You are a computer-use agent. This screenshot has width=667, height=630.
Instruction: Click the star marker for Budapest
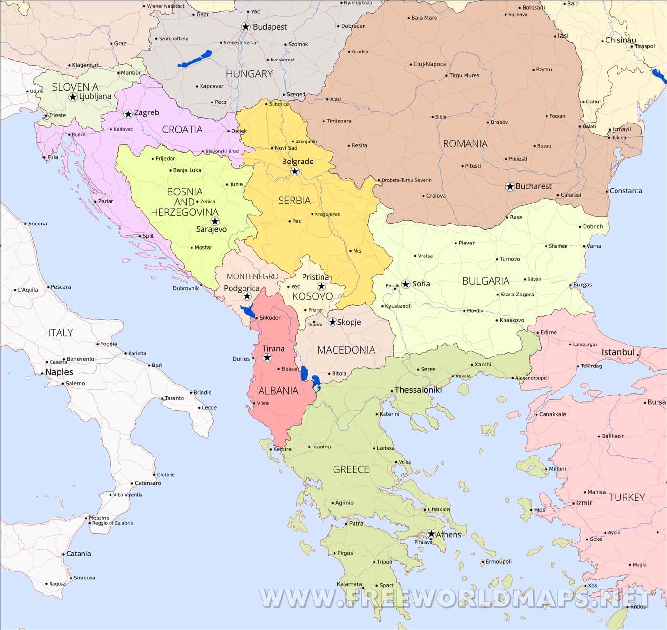tap(246, 27)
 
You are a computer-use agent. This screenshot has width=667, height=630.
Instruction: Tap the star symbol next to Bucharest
tap(510, 186)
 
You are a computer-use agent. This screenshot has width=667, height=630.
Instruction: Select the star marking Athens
tap(431, 534)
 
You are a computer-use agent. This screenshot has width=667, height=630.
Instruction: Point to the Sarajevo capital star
tap(215, 221)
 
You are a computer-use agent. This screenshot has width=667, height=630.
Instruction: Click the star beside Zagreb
tap(128, 114)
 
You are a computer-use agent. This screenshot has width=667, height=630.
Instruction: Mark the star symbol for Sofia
tap(405, 284)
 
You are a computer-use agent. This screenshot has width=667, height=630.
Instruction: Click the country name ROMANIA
tap(465, 143)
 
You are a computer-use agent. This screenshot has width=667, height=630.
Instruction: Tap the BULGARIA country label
tap(485, 281)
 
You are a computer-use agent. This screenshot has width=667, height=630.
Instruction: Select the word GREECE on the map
tap(351, 469)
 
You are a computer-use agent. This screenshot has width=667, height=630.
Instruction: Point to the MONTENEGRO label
tap(253, 276)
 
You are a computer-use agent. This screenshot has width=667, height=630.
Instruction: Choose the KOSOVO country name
tap(313, 296)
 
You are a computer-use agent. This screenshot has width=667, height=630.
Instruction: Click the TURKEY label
tap(627, 497)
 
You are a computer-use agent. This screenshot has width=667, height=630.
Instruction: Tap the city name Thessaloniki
tap(418, 390)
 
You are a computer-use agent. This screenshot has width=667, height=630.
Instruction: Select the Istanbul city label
tap(618, 352)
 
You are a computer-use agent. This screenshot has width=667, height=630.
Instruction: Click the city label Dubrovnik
tap(186, 288)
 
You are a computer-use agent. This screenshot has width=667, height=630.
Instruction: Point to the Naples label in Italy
tap(59, 372)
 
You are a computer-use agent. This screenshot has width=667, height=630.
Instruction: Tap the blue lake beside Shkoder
tap(248, 312)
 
